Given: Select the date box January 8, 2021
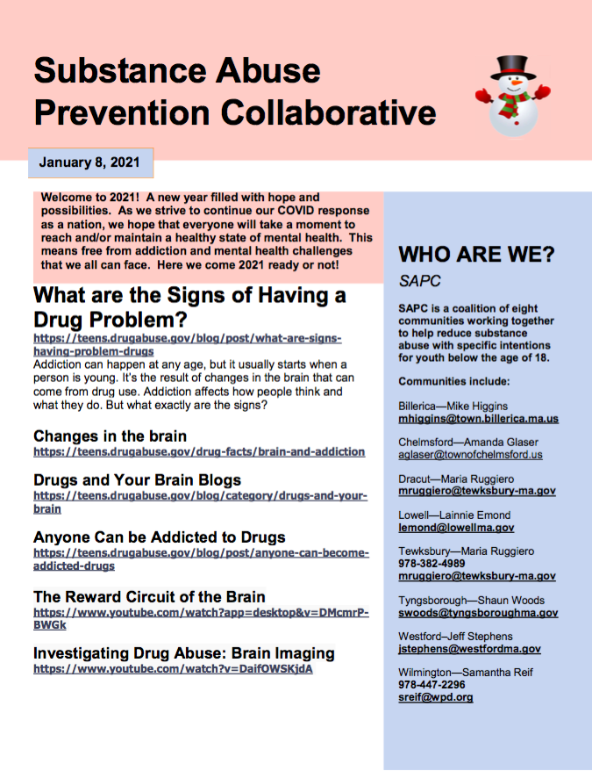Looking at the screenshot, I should pos(89,163).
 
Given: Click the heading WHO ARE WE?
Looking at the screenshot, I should pos(476,256).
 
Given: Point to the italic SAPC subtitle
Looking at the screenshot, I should pos(419,282).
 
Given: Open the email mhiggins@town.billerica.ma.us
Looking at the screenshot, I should pos(478,419).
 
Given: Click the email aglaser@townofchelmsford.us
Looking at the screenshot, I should pos(470,455).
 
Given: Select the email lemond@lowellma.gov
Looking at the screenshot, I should pos(456,528).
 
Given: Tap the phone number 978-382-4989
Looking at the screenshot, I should pos(432,564).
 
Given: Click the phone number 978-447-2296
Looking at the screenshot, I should pos(432,685).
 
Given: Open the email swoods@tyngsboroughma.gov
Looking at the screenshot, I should pos(478,613).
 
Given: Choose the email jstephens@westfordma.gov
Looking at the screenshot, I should pos(469,649).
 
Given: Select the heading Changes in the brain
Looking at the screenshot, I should pos(110,436).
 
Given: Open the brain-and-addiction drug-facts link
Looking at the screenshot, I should pos(199,451).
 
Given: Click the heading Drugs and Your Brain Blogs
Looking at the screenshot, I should pos(137,480).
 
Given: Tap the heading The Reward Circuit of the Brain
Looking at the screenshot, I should pos(149,597).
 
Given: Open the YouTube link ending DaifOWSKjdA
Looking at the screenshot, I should pos(173,668).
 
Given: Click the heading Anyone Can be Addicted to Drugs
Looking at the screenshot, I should pos(160,537).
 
